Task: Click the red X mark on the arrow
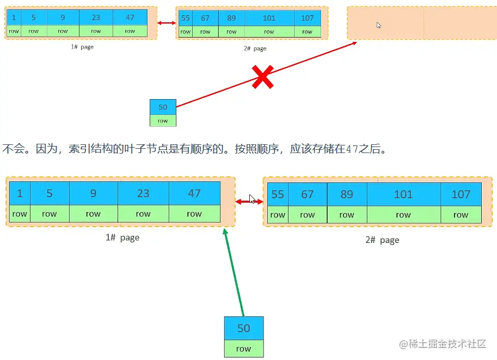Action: (x=262, y=77)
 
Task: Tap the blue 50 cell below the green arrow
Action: (x=244, y=328)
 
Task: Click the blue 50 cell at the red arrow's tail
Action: (x=163, y=107)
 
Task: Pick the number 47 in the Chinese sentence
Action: (x=352, y=149)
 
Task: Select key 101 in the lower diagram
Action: (x=403, y=194)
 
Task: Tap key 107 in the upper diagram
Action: (x=308, y=18)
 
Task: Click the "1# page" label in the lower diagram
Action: (x=122, y=237)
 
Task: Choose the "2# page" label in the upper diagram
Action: (x=255, y=48)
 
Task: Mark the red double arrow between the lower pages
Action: (x=249, y=202)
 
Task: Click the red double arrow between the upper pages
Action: (x=167, y=23)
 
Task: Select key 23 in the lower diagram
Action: (x=143, y=194)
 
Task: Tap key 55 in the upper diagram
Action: (x=186, y=18)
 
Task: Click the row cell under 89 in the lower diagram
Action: (x=347, y=215)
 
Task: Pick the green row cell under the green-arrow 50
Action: (x=244, y=349)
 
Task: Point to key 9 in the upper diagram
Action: (x=63, y=17)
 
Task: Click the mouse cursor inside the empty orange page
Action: (x=379, y=25)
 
